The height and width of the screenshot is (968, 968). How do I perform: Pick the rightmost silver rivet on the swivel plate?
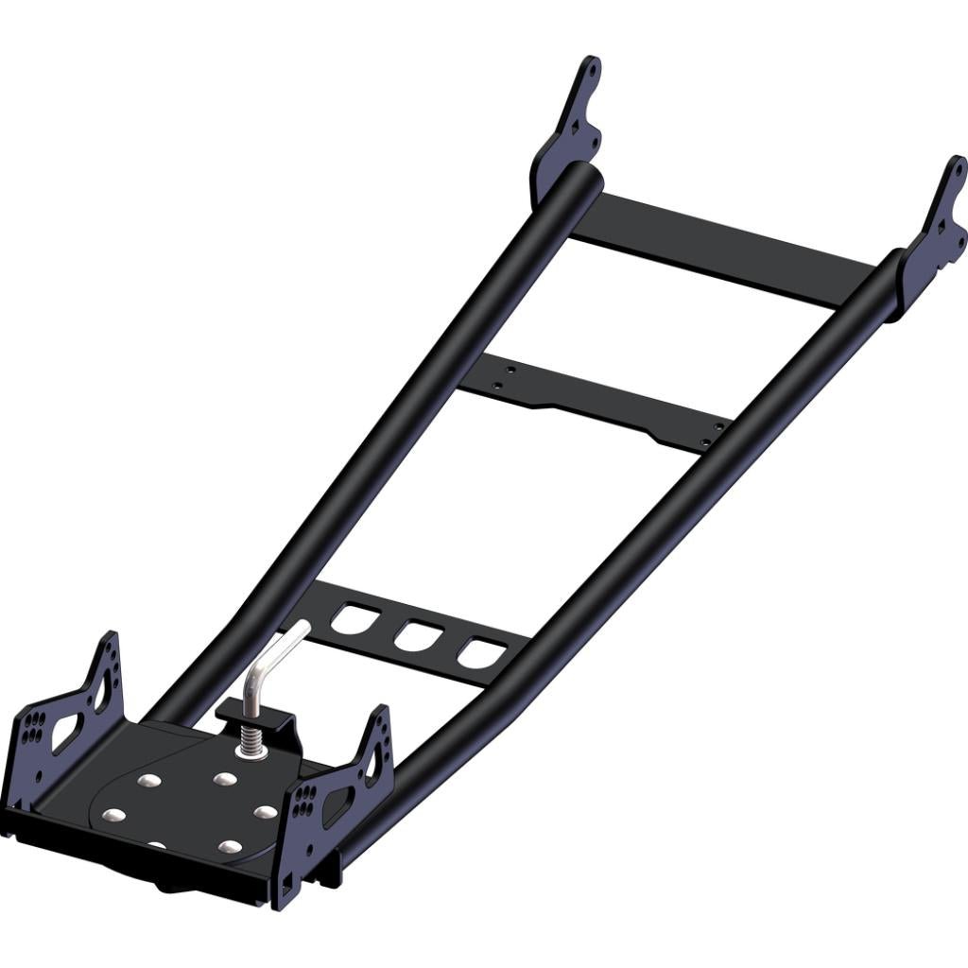266,811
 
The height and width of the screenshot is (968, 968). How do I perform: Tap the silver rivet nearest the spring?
224,779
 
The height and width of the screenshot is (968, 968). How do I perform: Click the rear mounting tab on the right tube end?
936,232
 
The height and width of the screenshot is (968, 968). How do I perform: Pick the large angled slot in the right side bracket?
337,805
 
